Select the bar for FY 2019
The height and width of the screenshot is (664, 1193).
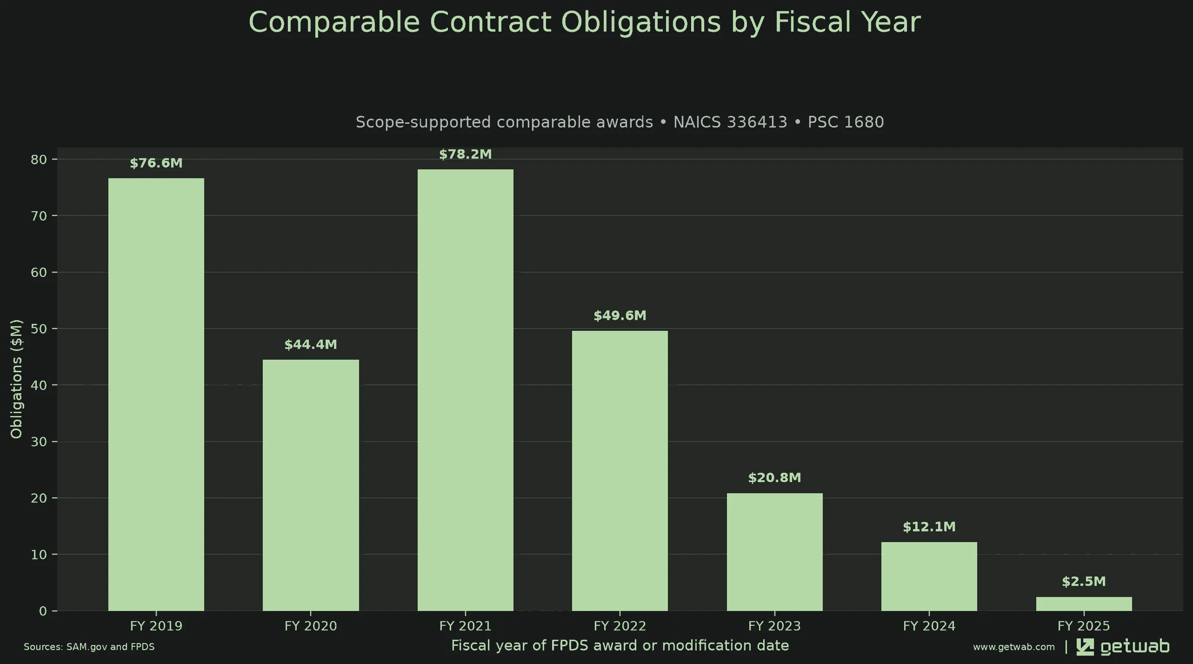point(156,394)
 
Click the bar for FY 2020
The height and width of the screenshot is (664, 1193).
point(311,485)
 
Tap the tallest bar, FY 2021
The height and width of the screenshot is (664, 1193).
point(465,390)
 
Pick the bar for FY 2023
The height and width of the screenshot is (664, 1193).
point(774,552)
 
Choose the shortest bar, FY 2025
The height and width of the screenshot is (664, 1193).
point(1084,604)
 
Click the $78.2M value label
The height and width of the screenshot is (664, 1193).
point(465,154)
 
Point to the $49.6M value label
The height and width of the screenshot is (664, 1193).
point(620,315)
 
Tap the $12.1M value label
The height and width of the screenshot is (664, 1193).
point(929,527)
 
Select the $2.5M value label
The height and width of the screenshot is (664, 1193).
point(1084,581)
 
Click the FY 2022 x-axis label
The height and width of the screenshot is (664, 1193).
point(620,626)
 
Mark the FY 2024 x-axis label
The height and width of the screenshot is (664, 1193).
point(929,626)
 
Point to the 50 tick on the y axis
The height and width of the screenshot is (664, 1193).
point(39,329)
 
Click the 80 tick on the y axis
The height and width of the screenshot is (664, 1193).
point(39,160)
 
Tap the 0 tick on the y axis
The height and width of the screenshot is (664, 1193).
point(43,611)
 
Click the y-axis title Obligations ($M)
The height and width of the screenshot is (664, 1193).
point(16,379)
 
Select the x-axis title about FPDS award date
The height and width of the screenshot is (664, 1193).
point(620,646)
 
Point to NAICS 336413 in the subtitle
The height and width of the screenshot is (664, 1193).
point(730,122)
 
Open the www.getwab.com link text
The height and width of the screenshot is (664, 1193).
point(1014,647)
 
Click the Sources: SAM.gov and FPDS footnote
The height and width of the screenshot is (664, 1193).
point(89,647)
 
